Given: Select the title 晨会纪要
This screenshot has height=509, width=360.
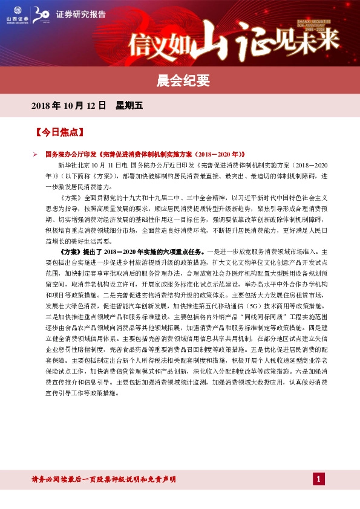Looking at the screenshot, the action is coord(180,78).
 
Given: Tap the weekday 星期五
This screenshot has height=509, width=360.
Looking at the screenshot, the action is coord(129,105).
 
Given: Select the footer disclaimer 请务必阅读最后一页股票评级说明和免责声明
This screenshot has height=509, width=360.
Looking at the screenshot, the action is coord(104,479).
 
